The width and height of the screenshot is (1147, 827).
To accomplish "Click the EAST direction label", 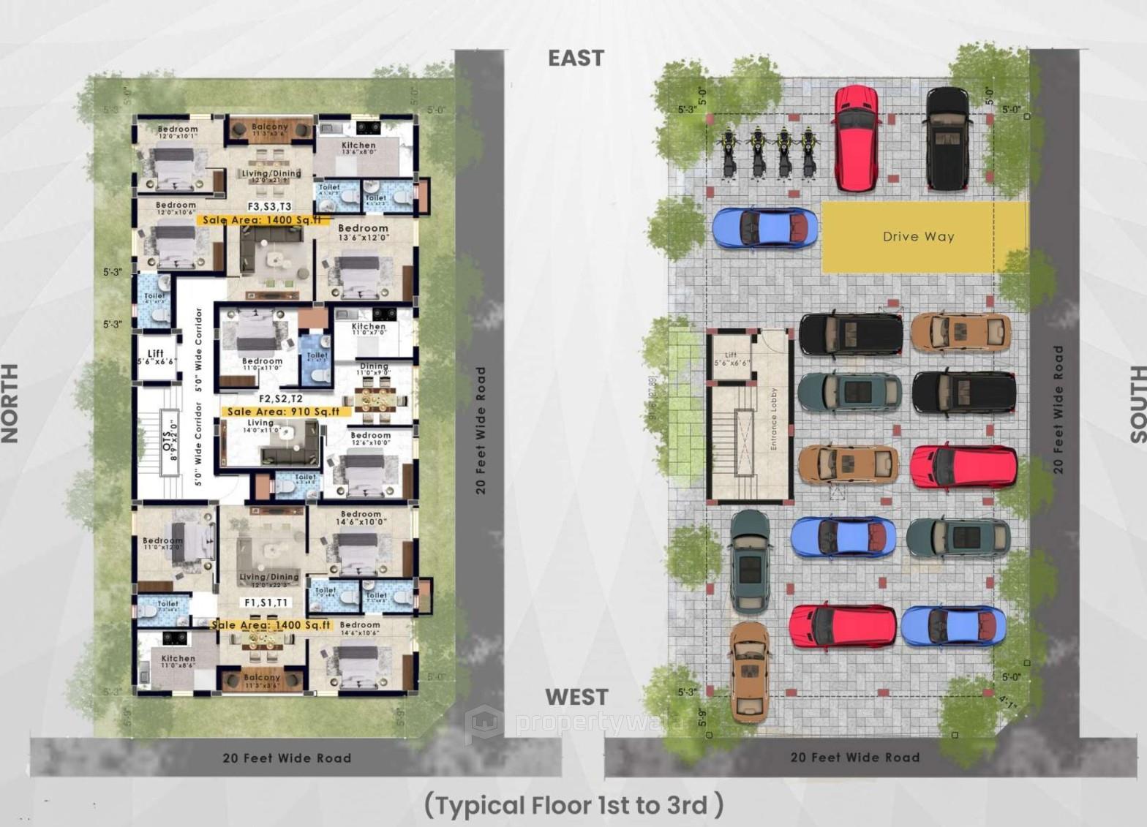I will pyautogui.click(x=576, y=58).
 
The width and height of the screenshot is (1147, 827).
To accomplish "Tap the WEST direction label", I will pyautogui.click(x=576, y=697).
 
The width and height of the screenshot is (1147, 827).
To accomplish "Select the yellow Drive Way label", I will pyautogui.click(x=918, y=237).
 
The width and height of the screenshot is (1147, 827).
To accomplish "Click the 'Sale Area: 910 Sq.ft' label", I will pyautogui.click(x=283, y=412).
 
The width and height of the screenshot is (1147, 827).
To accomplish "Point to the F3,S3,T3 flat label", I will pyautogui.click(x=269, y=207).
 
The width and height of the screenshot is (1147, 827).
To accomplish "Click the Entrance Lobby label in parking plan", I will pyautogui.click(x=774, y=418).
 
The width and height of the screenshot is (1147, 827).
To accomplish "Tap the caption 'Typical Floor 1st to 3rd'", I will pyautogui.click(x=573, y=805).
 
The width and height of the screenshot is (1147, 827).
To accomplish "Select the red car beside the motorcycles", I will pyautogui.click(x=855, y=138).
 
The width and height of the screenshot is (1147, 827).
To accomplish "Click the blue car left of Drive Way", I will pyautogui.click(x=764, y=228).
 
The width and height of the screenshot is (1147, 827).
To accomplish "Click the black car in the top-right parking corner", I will pyautogui.click(x=948, y=138).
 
